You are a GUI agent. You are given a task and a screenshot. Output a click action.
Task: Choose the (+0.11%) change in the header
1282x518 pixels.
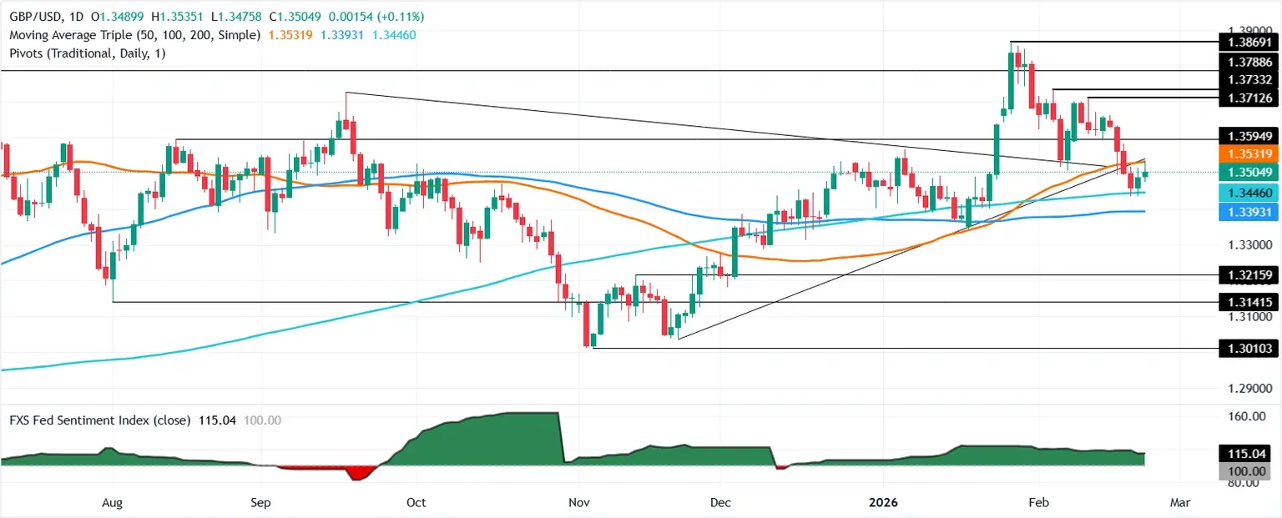point(401,17)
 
